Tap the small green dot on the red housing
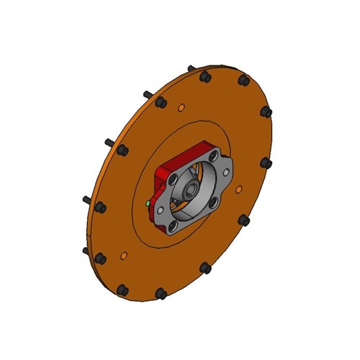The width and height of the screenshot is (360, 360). coord(147,204)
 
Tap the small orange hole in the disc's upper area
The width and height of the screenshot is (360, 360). coord(181,109)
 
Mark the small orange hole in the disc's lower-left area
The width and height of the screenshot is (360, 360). coord(125,254)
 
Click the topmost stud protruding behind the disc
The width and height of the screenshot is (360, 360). coord(191,69)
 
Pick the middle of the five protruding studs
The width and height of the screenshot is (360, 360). coord(108,143)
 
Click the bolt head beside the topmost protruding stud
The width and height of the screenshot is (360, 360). coord(205,76)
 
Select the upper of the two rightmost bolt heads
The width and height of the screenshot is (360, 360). coord(266,112)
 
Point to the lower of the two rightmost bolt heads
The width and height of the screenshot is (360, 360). coord(267,163)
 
